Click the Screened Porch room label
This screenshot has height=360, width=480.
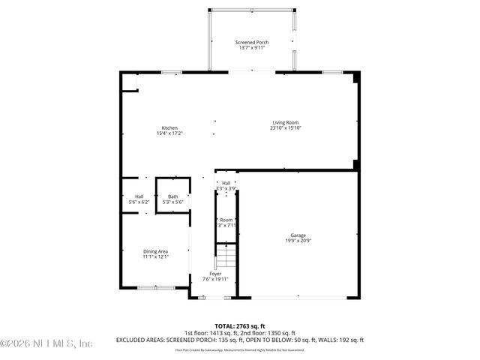[x=251, y=43]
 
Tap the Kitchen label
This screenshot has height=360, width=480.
[x=169, y=128]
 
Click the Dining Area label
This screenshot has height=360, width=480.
[x=156, y=251]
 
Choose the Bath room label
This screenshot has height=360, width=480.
[x=173, y=196]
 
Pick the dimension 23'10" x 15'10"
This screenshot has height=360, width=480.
[x=285, y=128]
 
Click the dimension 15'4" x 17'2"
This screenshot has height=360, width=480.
[x=169, y=133]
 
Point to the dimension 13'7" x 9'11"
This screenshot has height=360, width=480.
[x=251, y=49]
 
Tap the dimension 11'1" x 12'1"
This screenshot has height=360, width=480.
[x=156, y=256]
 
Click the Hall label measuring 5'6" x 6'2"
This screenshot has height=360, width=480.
[x=139, y=196]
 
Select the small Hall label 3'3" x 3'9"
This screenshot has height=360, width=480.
[x=226, y=182]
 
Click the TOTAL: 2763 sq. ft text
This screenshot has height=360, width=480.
[x=239, y=325]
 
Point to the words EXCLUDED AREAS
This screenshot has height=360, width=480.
[x=139, y=340]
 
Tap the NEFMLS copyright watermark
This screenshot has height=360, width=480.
[x=46, y=343]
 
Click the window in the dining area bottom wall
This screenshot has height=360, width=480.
[x=156, y=287]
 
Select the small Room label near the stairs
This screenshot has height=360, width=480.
[x=226, y=220]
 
